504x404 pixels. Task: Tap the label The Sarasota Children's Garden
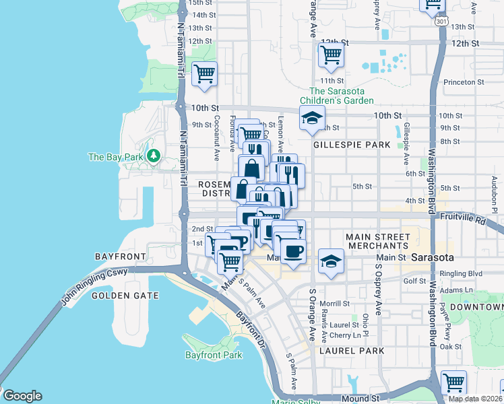pos(341,96)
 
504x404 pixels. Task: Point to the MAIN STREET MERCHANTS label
pos(377,242)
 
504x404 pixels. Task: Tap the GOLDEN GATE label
pos(125,295)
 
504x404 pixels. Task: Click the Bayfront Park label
pos(213,355)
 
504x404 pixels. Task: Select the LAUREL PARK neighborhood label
pos(352,351)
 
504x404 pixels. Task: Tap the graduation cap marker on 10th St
pos(312,119)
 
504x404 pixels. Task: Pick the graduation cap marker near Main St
pos(330,261)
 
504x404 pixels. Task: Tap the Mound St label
pos(363,399)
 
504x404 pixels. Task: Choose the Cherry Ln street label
pos(346,335)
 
